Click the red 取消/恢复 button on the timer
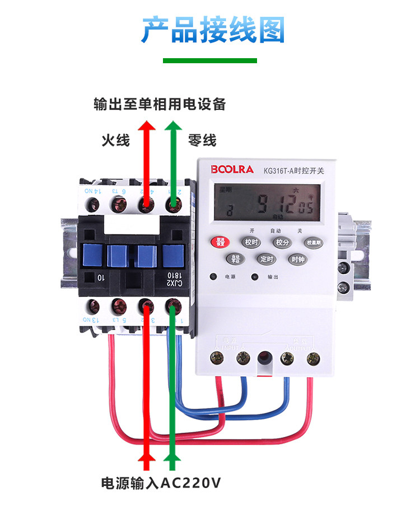(x=220, y=242)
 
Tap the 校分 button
(x=281, y=242)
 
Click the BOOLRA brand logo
(x=232, y=169)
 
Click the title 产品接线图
(x=212, y=29)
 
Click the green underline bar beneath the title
(x=209, y=60)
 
